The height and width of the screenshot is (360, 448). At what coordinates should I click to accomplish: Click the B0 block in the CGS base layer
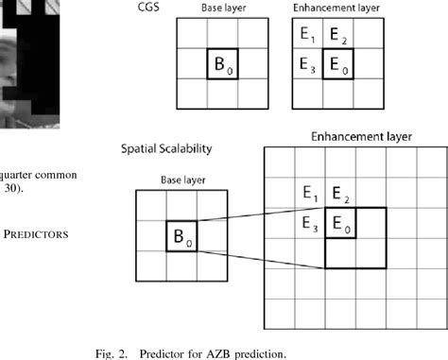pyautogui.click(x=224, y=67)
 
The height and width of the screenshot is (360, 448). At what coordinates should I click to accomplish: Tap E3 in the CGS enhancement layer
pyautogui.click(x=307, y=67)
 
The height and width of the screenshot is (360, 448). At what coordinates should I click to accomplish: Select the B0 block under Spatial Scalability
pyautogui.click(x=180, y=236)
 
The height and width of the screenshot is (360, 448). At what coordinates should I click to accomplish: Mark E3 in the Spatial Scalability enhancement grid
pyautogui.click(x=310, y=224)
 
